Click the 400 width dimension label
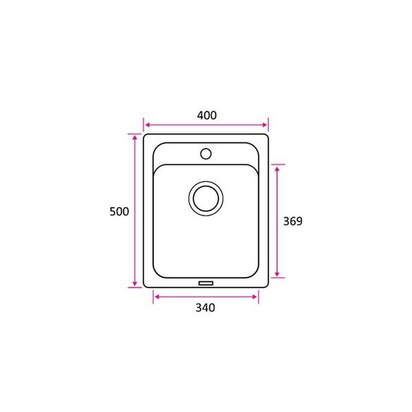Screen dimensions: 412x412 click(207, 115)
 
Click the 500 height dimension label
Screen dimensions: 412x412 click(119, 211)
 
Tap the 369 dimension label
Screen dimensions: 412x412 click(293, 221)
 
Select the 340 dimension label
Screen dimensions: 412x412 click(205, 308)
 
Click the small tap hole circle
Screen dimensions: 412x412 click(206, 154)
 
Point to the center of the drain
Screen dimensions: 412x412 click(206, 199)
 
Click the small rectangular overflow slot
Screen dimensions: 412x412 click(206, 283)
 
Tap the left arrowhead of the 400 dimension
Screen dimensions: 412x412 click(147, 125)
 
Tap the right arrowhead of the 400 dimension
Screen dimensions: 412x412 click(265, 125)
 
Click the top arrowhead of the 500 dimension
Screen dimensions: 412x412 click(135, 138)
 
